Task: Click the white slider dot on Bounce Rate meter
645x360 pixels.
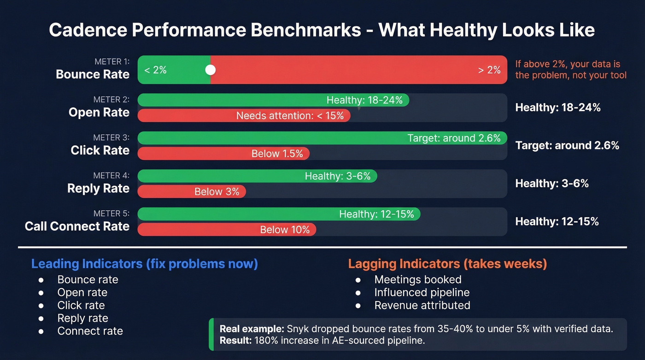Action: [211, 70]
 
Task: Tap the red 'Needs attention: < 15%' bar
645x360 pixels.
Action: [244, 116]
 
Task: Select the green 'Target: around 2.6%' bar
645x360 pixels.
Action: [322, 138]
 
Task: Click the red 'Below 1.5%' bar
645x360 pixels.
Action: [223, 153]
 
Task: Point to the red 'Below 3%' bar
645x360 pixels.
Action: [192, 192]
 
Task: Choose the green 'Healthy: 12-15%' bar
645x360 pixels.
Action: [279, 214]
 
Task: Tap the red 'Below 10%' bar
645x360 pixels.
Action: [227, 230]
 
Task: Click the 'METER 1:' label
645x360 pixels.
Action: [112, 62]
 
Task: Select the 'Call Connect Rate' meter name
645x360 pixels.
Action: [77, 226]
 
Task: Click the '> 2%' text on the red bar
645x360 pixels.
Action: [489, 70]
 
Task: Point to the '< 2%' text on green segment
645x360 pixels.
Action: [155, 70]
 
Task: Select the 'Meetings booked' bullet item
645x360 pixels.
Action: [417, 279]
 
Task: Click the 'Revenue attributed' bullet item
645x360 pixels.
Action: [422, 305]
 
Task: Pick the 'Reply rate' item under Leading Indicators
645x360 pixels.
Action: [82, 318]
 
